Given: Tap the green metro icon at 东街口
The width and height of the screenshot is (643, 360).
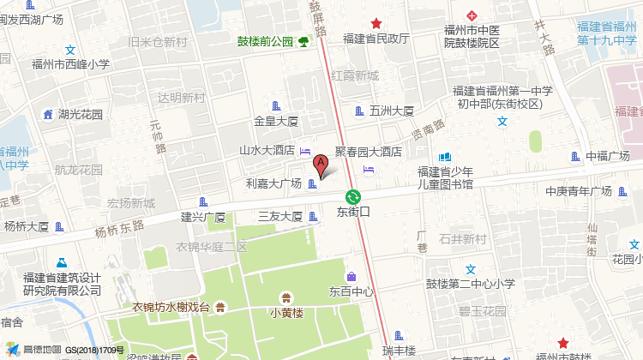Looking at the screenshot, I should click(x=353, y=196).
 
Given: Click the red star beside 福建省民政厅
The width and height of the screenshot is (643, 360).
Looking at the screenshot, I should click(x=376, y=24).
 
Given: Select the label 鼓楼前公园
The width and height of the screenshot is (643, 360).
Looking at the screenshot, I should click(x=266, y=41).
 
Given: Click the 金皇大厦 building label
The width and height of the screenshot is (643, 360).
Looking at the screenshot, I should click(x=276, y=121).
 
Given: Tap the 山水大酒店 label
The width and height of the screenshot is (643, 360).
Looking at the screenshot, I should click(x=267, y=150).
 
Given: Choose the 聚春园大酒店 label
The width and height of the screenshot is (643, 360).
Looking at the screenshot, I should click(x=368, y=152).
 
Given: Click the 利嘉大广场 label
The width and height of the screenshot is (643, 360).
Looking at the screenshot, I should click(x=273, y=183).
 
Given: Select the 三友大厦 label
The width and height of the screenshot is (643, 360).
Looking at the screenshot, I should click(x=280, y=217).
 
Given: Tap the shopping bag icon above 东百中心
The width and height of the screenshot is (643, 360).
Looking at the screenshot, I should click(x=352, y=276).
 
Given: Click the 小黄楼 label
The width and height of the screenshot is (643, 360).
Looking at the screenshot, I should click(x=286, y=313).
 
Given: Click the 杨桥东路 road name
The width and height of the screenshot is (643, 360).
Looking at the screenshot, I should click(x=120, y=230).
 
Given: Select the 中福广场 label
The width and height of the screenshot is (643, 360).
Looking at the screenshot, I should click(x=608, y=156).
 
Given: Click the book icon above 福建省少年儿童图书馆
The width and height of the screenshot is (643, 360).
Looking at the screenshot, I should click(x=444, y=157).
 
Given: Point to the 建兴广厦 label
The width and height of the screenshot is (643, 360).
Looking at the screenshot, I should click(x=202, y=217).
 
